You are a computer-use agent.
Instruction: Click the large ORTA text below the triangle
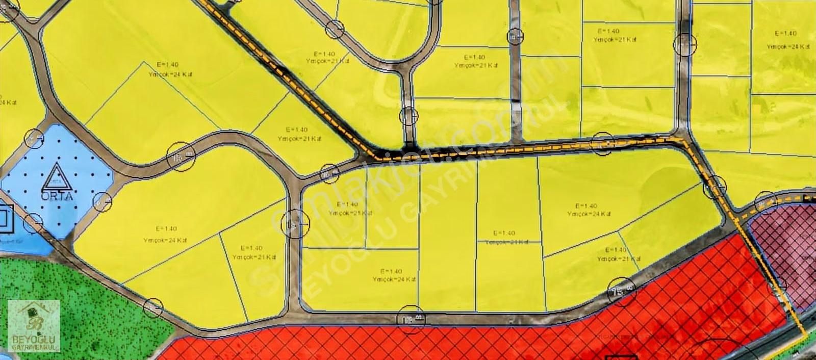click(x=59, y=195)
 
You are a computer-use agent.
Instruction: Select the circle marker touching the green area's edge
click(x=153, y=308)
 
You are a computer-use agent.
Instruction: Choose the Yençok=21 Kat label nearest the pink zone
click(x=618, y=259)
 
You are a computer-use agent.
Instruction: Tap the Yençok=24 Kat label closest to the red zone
click(x=394, y=279)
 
